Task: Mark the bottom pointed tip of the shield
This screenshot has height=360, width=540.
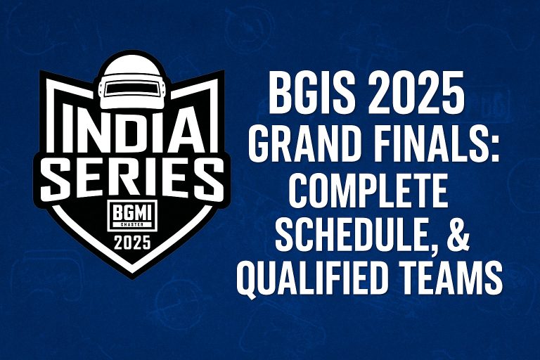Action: (131, 276)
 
